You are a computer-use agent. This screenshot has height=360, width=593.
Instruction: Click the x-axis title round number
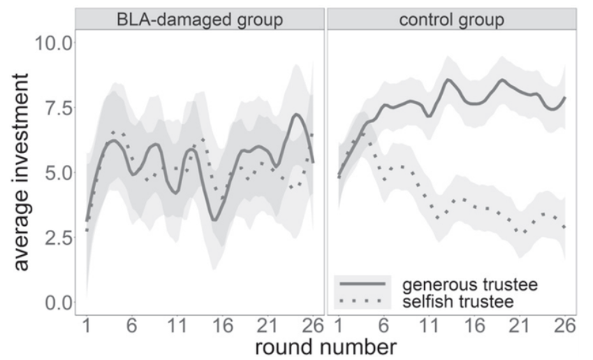pos(326,345)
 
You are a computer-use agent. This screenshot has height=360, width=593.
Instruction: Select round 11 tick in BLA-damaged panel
pos(179,326)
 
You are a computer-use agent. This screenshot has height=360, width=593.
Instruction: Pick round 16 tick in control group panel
pos(474,326)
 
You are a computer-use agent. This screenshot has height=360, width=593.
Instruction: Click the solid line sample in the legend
pos(360,284)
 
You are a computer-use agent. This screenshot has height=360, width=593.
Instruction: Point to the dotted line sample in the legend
pos(360,300)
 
